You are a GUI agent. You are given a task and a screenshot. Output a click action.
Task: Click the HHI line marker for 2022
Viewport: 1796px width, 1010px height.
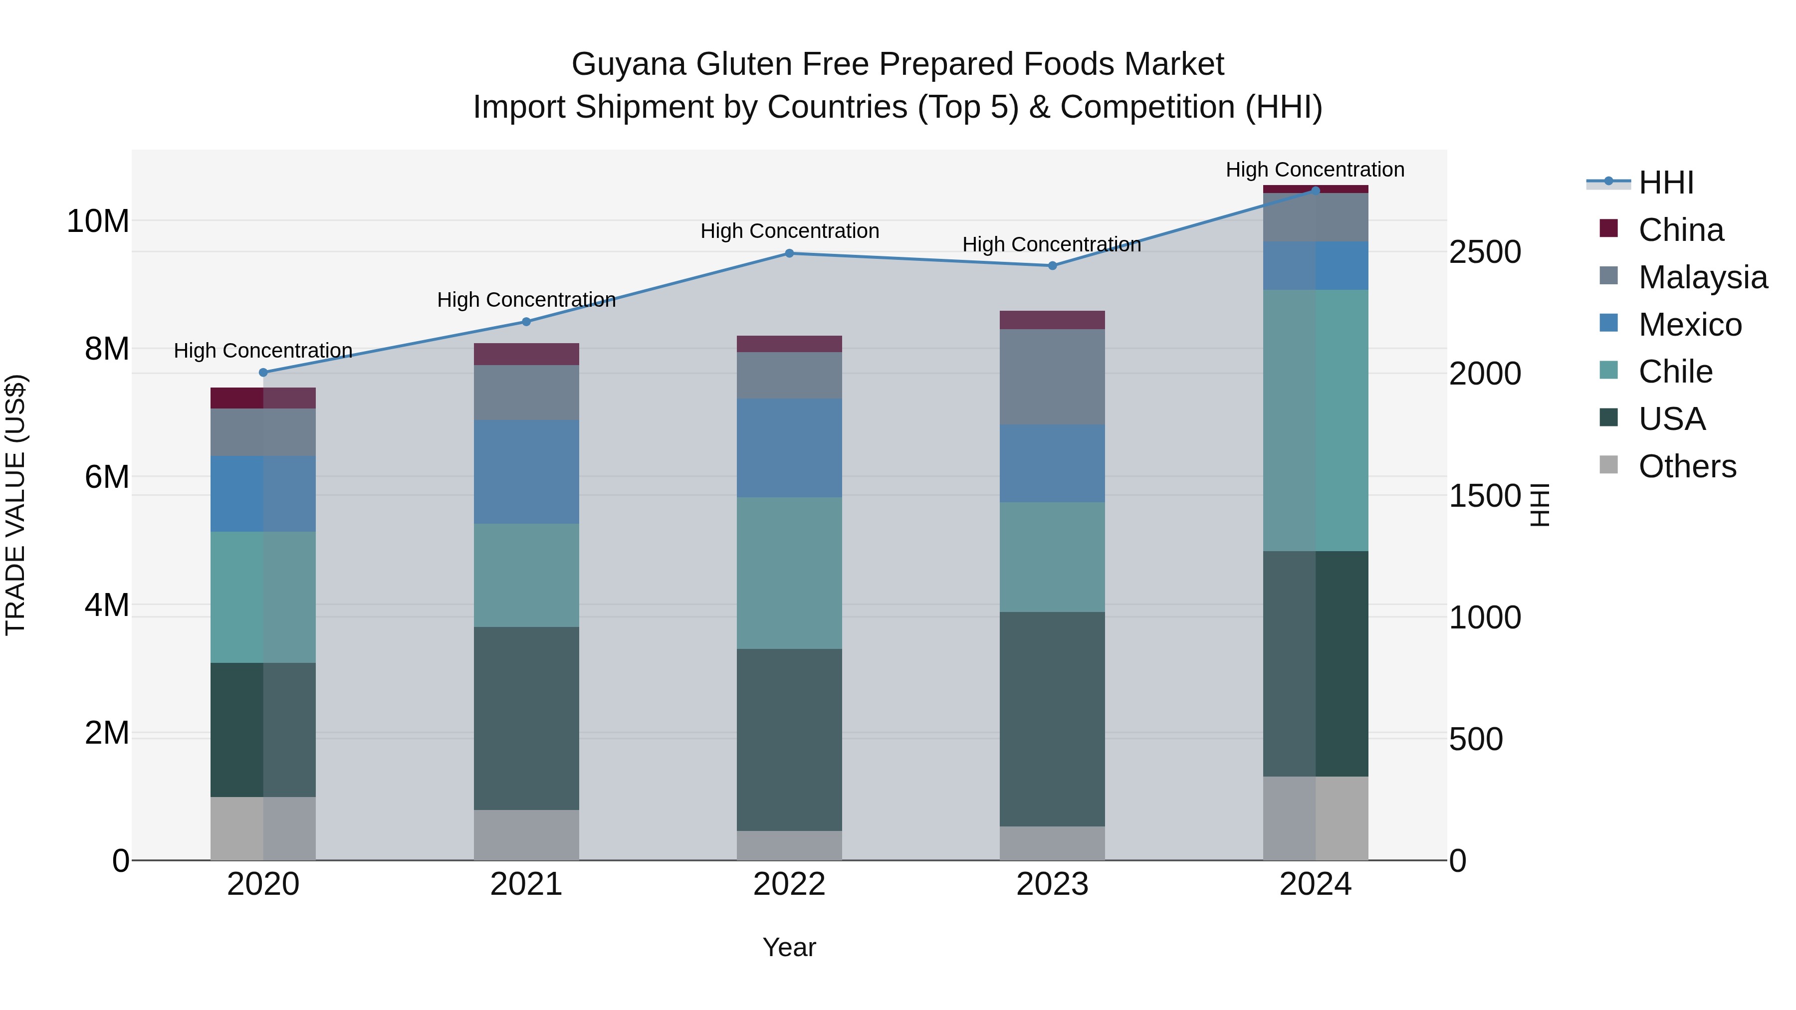(x=789, y=253)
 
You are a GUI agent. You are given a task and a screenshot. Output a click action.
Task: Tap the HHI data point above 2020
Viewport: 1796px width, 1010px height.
(x=263, y=372)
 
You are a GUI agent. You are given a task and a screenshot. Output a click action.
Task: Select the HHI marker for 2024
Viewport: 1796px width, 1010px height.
(x=1316, y=191)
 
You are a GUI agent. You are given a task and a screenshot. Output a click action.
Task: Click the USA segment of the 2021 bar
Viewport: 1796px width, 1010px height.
(x=526, y=718)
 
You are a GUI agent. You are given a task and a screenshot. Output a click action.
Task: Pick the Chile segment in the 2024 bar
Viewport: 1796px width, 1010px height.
(x=1316, y=420)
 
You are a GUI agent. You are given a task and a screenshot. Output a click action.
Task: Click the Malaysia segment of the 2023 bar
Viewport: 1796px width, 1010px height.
(x=1052, y=377)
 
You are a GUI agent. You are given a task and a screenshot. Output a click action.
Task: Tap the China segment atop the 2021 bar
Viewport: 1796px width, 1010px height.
(x=526, y=354)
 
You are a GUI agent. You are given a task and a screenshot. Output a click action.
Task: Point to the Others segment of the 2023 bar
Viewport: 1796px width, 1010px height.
(x=1052, y=843)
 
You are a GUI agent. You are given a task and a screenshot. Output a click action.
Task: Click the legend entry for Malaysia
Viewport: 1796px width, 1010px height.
(x=1703, y=277)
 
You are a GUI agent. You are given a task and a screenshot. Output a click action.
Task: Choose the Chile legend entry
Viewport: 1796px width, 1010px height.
(x=1675, y=372)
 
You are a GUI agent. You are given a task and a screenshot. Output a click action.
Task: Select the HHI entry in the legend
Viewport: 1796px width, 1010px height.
(x=1666, y=183)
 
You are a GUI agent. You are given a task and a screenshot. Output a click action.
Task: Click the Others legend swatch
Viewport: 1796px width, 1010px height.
(x=1608, y=465)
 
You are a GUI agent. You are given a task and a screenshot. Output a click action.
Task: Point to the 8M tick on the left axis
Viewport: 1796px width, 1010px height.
(x=107, y=349)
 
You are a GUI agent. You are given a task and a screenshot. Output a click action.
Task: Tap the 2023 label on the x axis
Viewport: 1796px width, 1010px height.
(x=1052, y=884)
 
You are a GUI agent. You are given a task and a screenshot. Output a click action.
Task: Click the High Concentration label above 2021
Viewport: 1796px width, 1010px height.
(x=526, y=300)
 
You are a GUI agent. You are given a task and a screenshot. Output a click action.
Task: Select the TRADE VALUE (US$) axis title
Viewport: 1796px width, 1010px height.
(x=16, y=505)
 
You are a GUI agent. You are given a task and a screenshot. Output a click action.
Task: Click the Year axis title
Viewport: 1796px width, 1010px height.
(x=789, y=947)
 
